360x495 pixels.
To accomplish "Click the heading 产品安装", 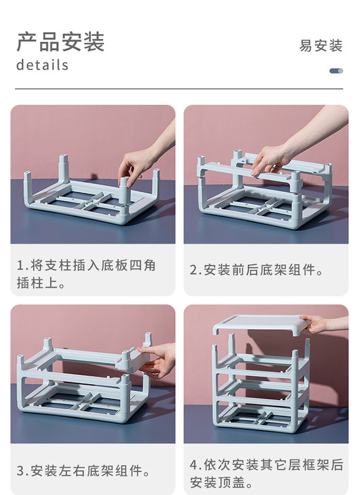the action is coord(60,42).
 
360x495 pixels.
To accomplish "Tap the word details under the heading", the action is coord(42,65).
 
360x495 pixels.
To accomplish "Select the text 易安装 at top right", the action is coord(320,46).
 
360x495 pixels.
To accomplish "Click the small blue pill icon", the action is coord(336,71).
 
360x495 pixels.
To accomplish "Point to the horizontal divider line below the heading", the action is coord(179,89).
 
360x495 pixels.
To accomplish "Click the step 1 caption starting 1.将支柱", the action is coord(86,274).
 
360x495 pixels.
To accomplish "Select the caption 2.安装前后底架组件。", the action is coord(257,270).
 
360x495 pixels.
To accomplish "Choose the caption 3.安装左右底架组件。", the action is coord(84,471).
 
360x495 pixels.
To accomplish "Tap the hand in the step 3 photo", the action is coord(160,361).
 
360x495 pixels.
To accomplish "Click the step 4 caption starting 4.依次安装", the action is coord(267,473).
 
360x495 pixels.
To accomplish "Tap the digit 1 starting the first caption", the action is coord(20,265).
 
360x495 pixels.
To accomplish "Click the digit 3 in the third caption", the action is coord(20,471).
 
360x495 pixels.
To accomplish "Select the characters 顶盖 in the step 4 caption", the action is coord(232,483).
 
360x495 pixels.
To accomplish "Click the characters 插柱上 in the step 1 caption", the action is coord(37,283).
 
